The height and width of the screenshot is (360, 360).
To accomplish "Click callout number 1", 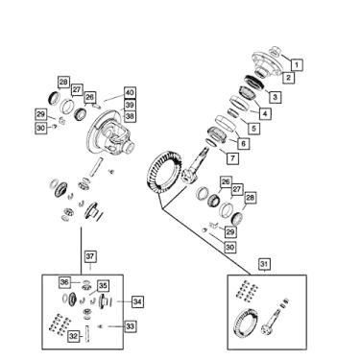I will coord(298,64).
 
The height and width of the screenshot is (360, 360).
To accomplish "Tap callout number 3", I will coord(276,97).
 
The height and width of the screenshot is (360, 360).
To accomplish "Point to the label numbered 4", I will coord(265,113).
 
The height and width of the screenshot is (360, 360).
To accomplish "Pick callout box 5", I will coord(253,128).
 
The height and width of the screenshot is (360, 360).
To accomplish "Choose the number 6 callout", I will coord(244,143).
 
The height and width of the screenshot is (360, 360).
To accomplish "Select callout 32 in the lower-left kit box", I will coord(74,336).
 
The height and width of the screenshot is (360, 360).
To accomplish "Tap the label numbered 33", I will coord(132,326).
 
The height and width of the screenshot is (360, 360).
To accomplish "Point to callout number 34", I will coord(137,301).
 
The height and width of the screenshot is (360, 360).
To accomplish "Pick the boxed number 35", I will coord(104,286).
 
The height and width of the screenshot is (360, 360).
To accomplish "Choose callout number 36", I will coord(65,282).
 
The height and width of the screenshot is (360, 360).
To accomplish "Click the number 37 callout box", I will coord(89,256).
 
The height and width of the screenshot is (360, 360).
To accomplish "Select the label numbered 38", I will coord(130,116).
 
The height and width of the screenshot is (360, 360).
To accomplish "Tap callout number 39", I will coord(130,105).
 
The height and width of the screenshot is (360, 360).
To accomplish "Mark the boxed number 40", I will coord(130,93).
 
